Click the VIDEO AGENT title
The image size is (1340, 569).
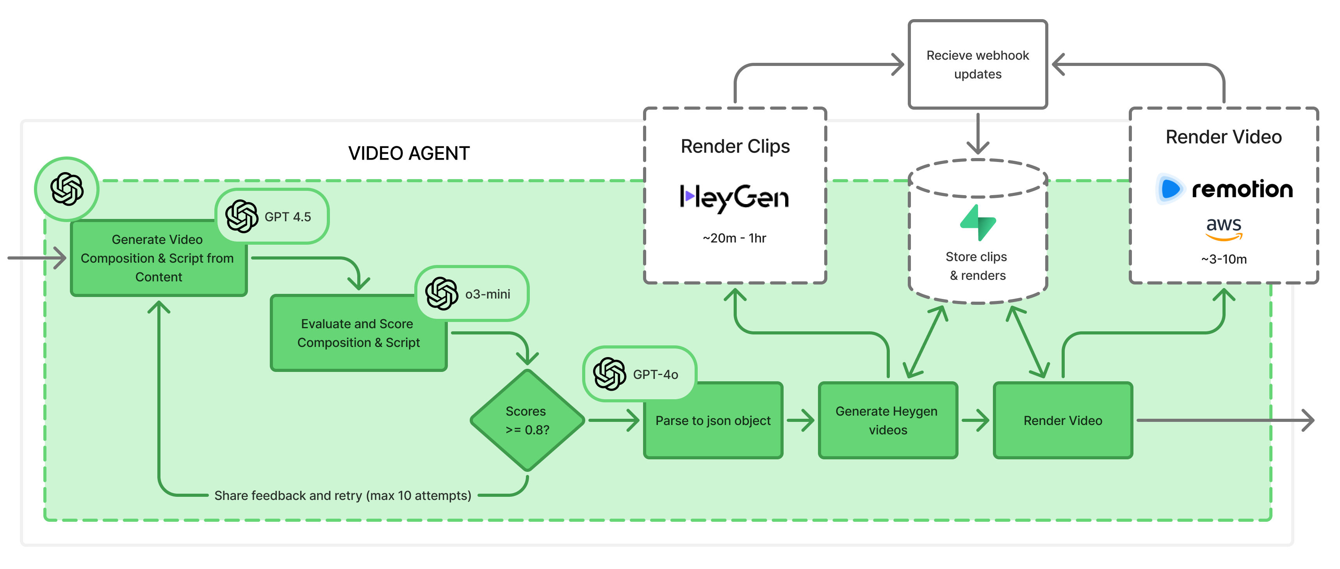[x=409, y=153]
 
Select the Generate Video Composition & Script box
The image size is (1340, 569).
[x=158, y=258]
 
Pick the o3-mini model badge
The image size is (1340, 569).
[x=472, y=294]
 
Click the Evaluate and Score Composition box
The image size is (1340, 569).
[x=358, y=333]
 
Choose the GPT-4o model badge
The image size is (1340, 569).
[x=639, y=374]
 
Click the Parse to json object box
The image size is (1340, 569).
[x=713, y=420]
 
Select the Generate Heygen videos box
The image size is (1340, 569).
[x=887, y=420]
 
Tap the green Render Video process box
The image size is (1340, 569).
[x=1062, y=420]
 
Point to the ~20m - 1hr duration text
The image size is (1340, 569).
[x=734, y=238]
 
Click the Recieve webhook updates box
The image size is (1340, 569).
[x=977, y=64]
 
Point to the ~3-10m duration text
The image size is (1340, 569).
[x=1224, y=259]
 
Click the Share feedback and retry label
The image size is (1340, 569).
[x=343, y=496]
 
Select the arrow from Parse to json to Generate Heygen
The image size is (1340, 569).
[x=800, y=420]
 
